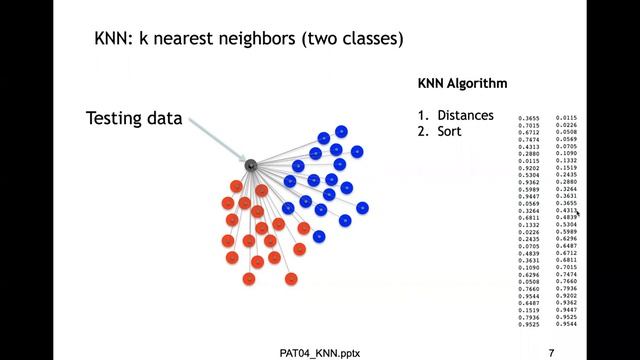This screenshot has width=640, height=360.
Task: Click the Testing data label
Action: click(x=134, y=118)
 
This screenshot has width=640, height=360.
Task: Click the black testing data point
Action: click(x=251, y=164)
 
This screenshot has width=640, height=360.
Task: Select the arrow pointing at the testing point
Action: click(x=216, y=139)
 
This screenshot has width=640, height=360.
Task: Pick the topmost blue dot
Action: click(x=342, y=131)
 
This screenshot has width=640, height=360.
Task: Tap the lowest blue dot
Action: click(x=319, y=237)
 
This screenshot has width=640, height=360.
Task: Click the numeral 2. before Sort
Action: click(x=424, y=131)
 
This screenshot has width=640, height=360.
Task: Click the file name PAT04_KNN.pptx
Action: click(x=321, y=352)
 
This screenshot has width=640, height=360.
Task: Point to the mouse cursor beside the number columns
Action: click(x=578, y=213)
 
